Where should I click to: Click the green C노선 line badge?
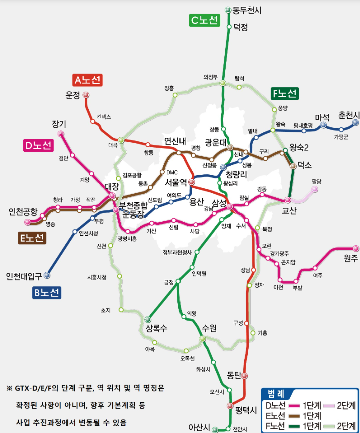(x=204, y=20)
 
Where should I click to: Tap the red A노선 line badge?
(x=87, y=80)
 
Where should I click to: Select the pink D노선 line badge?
(x=38, y=146)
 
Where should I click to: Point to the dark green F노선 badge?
(x=284, y=93)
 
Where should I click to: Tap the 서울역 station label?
(x=176, y=182)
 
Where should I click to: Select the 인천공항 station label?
(x=23, y=212)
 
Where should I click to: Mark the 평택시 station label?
(x=246, y=410)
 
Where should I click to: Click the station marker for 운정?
(x=86, y=95)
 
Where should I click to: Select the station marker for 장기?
(x=61, y=133)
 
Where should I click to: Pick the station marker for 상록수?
(x=148, y=319)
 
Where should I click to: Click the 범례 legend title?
(x=277, y=393)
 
